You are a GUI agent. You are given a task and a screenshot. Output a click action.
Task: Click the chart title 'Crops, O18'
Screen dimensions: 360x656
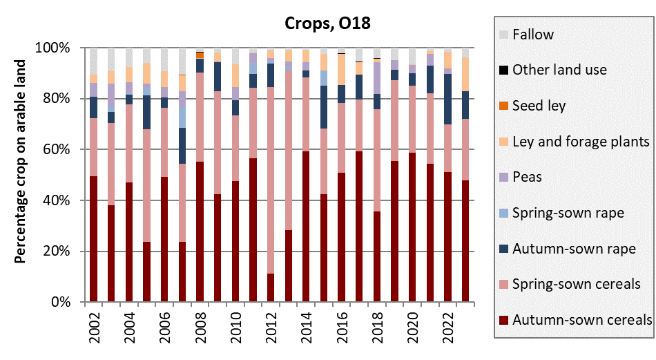328,23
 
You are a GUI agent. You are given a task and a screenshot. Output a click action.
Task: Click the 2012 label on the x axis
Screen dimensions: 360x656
271,328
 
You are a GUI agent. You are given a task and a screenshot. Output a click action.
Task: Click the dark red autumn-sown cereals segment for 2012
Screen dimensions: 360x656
271,288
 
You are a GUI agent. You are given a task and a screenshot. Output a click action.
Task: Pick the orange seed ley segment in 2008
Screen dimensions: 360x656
200,55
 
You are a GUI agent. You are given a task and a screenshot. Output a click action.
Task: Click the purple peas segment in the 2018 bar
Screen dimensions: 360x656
377,78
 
